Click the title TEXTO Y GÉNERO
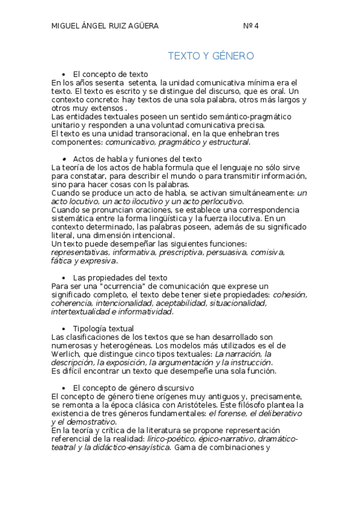210,56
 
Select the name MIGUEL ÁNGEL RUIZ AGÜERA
105,26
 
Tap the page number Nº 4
251,26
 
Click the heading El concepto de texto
110,74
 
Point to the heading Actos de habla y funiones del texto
137,159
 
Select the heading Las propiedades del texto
120,277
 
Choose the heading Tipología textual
103,328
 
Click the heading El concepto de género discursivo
133,388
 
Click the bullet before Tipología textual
63,329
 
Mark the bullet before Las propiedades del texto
63,278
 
